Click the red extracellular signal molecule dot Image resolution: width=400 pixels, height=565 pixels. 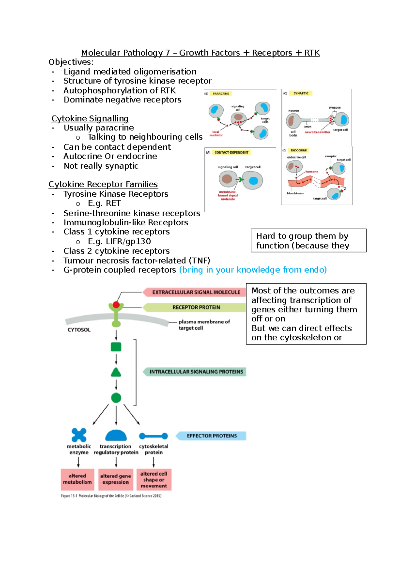116,305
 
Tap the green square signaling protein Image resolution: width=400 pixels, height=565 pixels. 116,347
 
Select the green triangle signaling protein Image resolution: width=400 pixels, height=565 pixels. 116,373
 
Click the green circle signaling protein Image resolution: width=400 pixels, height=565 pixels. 116,398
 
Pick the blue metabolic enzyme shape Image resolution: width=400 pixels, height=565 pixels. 79,435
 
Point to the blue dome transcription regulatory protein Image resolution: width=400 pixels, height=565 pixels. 116,436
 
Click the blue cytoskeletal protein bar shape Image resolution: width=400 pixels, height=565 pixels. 153,436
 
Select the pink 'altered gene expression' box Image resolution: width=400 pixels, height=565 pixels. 116,479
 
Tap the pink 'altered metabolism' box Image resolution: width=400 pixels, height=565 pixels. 77,479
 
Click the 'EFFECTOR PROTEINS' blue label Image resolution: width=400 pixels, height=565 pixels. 212,436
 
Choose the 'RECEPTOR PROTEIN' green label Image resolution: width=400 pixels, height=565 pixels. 196,307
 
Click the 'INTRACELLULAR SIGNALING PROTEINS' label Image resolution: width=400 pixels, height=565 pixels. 196,372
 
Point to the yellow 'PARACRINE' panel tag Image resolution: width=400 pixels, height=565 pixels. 221,94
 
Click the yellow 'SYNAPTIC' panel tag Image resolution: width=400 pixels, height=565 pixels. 301,94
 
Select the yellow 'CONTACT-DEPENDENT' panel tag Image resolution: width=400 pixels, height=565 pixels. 231,152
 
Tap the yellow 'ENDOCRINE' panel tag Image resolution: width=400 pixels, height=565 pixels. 299,150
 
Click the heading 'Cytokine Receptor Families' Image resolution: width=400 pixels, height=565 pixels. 103,184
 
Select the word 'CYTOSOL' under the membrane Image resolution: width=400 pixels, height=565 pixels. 79,330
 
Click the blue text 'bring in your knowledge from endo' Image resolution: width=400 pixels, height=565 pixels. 253,270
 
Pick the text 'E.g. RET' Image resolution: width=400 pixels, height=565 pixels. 104,203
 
